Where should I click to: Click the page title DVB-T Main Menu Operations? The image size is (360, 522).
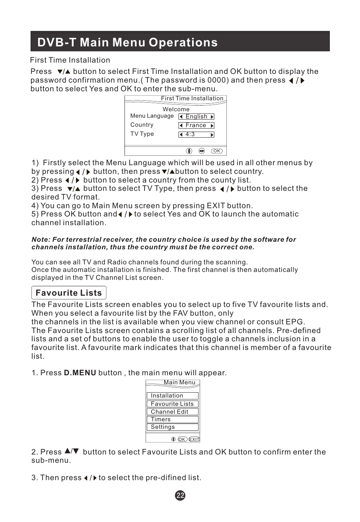[x=128, y=42]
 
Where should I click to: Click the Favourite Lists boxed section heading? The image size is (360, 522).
[x=69, y=293]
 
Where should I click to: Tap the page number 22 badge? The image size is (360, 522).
[x=180, y=496]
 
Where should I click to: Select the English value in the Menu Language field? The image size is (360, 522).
[x=196, y=117]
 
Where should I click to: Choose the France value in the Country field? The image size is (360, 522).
[x=196, y=125]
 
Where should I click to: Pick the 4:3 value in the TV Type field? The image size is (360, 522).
[x=190, y=134]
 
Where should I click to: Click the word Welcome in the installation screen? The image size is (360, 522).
[x=176, y=109]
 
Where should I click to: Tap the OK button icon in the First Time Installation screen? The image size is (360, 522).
[x=217, y=151]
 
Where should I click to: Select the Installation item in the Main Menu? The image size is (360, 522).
[x=167, y=396]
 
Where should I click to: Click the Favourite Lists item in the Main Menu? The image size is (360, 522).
[x=172, y=404]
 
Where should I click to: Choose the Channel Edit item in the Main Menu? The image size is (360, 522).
[x=169, y=412]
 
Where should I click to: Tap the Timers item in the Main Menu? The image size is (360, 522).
[x=161, y=419]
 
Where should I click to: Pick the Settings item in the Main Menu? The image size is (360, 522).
[x=163, y=427]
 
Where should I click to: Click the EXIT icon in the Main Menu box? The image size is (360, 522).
[x=194, y=439]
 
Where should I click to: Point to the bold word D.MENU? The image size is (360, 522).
[x=80, y=373]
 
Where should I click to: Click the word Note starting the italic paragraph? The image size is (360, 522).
[x=40, y=240]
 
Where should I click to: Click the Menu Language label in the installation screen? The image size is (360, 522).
[x=152, y=116]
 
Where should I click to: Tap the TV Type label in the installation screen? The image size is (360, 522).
[x=142, y=134]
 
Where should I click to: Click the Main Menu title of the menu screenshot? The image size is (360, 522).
[x=180, y=382]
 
